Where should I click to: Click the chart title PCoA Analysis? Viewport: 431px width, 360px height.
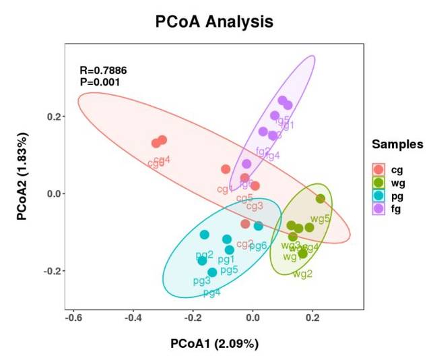(x=215, y=22)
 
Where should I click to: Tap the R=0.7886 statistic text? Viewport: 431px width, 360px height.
(x=103, y=70)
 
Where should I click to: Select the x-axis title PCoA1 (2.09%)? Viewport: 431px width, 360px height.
(x=214, y=344)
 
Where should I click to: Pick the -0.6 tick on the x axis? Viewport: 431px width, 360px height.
(x=74, y=317)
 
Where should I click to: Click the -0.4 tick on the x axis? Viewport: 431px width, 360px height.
(x=133, y=317)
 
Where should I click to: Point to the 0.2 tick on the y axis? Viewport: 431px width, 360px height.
(x=53, y=117)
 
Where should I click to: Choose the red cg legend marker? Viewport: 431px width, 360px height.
(x=379, y=169)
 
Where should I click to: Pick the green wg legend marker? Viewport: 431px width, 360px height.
(x=379, y=183)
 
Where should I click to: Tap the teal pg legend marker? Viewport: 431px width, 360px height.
(x=379, y=196)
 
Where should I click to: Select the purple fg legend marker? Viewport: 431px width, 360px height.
(x=379, y=210)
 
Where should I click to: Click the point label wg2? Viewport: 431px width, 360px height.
(x=302, y=274)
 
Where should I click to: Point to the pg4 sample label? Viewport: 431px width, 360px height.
(x=211, y=293)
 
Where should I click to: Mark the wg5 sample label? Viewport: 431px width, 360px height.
(x=320, y=218)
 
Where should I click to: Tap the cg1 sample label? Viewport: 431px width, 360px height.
(x=225, y=189)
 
